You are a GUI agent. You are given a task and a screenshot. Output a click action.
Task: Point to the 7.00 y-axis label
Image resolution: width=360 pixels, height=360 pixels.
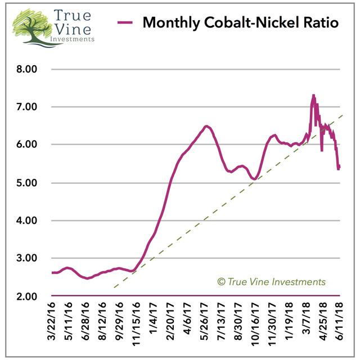[27, 107]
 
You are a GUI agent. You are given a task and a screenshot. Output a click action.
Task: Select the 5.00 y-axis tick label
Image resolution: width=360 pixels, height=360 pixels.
[27, 183]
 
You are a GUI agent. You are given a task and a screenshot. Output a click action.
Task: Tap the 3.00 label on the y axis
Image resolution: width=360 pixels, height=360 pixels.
[27, 258]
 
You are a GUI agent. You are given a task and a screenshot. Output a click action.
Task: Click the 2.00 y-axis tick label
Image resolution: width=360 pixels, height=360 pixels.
[27, 296]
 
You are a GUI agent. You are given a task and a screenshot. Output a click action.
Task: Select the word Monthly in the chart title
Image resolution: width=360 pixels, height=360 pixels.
[170, 24]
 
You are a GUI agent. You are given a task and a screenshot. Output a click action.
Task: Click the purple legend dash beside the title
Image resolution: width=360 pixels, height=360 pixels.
[125, 24]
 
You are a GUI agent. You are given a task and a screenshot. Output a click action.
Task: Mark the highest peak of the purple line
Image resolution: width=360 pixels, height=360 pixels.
[313, 95]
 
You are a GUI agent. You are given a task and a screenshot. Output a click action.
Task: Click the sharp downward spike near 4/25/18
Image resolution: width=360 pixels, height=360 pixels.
[321, 150]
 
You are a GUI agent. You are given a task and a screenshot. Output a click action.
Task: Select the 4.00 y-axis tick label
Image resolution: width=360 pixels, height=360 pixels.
[27, 220]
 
